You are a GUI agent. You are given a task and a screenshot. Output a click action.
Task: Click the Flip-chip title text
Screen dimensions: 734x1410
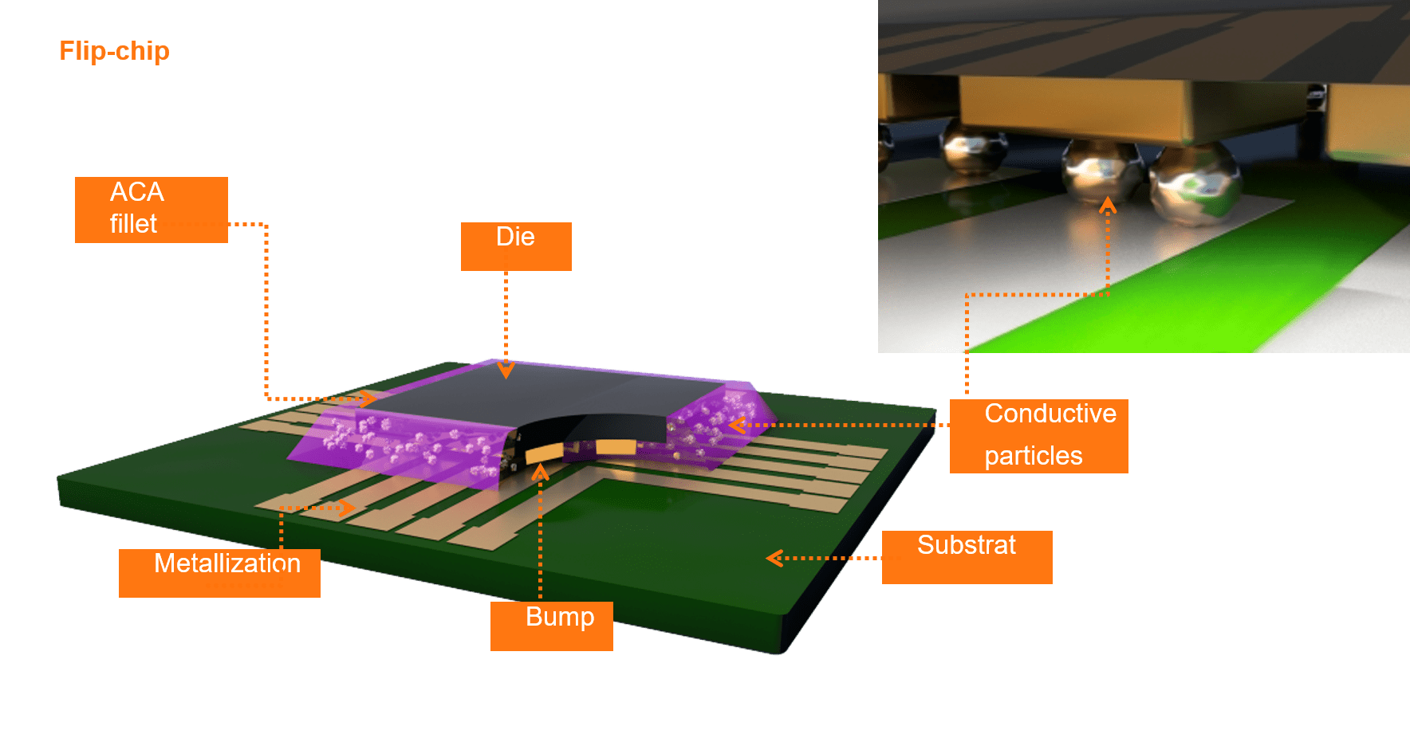click(x=114, y=51)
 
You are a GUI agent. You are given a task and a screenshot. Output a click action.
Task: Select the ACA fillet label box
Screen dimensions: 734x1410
click(x=152, y=210)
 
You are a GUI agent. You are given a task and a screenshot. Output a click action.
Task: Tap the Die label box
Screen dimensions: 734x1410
click(x=516, y=245)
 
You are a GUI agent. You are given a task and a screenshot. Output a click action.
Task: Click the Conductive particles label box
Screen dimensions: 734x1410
click(x=1038, y=436)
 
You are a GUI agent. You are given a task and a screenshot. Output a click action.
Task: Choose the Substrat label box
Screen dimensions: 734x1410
click(x=967, y=557)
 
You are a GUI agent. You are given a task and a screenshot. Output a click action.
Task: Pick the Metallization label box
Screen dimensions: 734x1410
click(x=219, y=572)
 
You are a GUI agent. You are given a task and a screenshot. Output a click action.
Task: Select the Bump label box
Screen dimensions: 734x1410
click(x=552, y=626)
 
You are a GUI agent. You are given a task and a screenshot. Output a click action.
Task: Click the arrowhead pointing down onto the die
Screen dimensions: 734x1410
click(x=506, y=371)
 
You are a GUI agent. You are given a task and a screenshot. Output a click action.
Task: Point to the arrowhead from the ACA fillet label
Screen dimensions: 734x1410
click(x=368, y=398)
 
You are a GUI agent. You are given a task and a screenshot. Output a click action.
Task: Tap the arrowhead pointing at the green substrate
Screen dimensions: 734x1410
click(x=774, y=558)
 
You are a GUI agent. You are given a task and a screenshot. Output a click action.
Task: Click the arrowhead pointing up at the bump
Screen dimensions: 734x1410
click(x=540, y=473)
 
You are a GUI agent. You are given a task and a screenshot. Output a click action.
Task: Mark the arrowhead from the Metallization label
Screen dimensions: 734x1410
click(x=348, y=508)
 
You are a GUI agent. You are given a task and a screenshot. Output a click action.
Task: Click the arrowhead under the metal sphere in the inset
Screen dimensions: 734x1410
click(x=1107, y=205)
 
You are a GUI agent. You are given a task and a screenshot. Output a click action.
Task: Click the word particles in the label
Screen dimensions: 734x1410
click(x=1033, y=456)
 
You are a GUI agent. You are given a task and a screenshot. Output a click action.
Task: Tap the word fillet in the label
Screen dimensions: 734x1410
click(x=133, y=224)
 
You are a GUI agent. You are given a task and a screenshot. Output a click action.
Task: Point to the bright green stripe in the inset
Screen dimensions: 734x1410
click(x=1196, y=303)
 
